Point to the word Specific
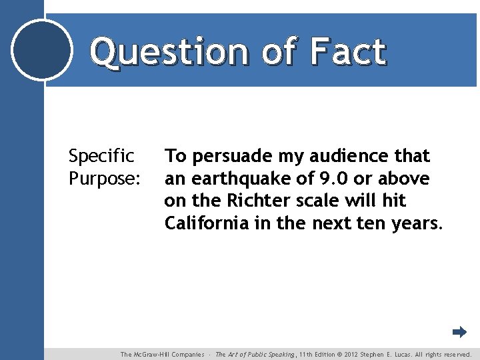pyautogui.click(x=101, y=157)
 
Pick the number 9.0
pyautogui.click(x=335, y=178)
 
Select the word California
pyautogui.click(x=207, y=223)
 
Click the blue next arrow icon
pyautogui.click(x=459, y=332)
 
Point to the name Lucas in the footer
pyautogui.click(x=399, y=355)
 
